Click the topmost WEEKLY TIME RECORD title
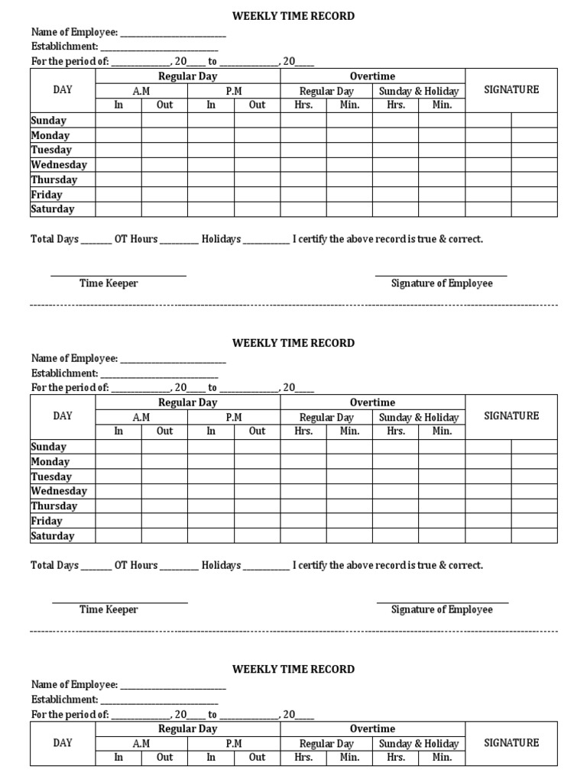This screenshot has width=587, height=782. pyautogui.click(x=293, y=16)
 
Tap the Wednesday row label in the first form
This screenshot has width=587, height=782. pyautogui.click(x=59, y=165)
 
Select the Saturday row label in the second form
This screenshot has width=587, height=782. pyautogui.click(x=53, y=536)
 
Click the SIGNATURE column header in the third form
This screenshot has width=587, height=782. pyautogui.click(x=511, y=742)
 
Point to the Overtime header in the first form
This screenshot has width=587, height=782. pyautogui.click(x=372, y=76)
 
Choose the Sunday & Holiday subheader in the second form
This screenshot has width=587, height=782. pyautogui.click(x=419, y=418)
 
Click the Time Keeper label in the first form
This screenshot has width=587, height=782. pyautogui.click(x=109, y=283)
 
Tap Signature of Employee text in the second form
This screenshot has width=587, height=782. pyautogui.click(x=442, y=609)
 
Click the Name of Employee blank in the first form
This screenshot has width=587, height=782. pyautogui.click(x=173, y=34)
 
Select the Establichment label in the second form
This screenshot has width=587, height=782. pyautogui.click(x=64, y=373)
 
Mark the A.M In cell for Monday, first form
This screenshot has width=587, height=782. pyautogui.click(x=118, y=135)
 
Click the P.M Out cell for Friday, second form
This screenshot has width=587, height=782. pyautogui.click(x=258, y=521)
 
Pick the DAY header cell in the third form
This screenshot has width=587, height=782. pyautogui.click(x=63, y=742)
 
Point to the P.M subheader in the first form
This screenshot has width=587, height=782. pyautogui.click(x=234, y=91)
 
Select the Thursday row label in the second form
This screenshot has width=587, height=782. pyautogui.click(x=54, y=506)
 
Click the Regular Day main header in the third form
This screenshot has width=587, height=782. pyautogui.click(x=188, y=729)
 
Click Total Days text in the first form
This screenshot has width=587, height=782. pyautogui.click(x=54, y=239)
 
